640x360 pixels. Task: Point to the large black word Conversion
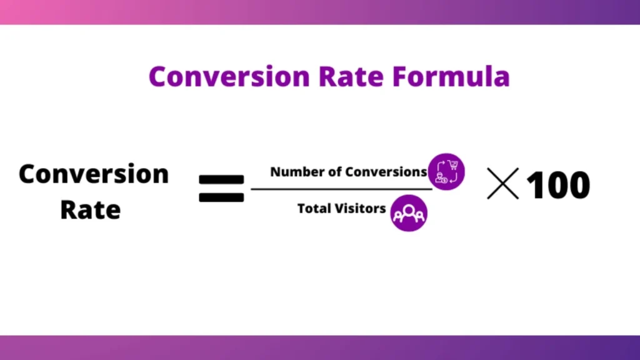coord(94,174)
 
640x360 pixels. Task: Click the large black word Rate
coord(90,209)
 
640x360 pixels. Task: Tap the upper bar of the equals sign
coord(221,179)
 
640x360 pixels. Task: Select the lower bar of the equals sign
coord(221,197)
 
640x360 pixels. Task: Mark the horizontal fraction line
coord(341,188)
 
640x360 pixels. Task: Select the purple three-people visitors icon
coord(409,213)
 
